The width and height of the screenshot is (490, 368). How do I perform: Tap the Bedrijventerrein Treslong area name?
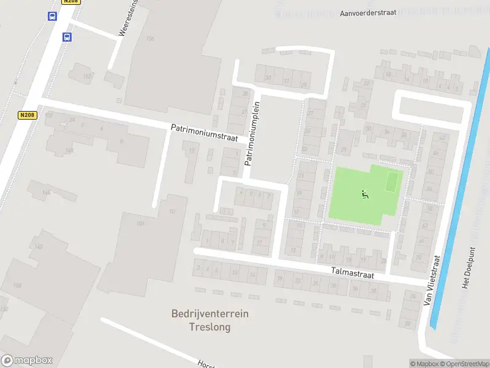click(209, 320)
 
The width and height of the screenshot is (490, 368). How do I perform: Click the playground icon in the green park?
click(364, 195)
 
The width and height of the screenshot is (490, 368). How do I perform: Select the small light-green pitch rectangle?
click(392, 182)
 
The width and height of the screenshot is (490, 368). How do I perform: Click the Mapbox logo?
click(27, 361)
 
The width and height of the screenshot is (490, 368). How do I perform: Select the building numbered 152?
click(87, 76)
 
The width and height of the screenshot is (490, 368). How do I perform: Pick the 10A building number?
click(140, 224)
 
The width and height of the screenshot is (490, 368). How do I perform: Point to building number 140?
click(39, 247)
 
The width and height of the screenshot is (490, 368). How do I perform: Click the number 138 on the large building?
click(17, 286)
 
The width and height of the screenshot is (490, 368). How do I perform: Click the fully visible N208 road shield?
click(27, 115)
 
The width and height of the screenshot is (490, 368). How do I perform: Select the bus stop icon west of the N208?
click(51, 17)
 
